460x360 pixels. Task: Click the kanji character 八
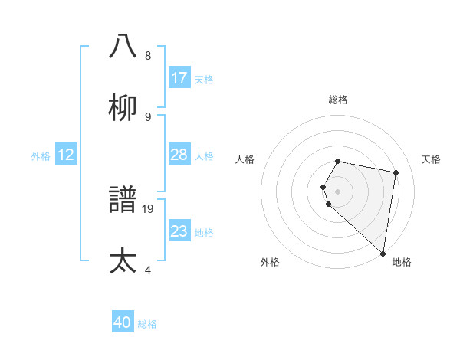[123, 46]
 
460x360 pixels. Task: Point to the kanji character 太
[123, 261]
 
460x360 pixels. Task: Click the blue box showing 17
[179, 78]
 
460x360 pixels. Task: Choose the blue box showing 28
[179, 155]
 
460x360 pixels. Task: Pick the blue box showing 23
[179, 231]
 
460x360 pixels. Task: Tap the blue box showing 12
[66, 155]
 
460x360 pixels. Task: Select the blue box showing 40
[123, 322]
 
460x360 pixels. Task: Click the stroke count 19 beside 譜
[149, 208]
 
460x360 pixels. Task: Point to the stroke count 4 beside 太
[146, 270]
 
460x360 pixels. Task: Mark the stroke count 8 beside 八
[147, 55]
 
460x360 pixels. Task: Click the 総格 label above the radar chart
[338, 100]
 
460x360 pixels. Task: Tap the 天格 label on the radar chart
[431, 159]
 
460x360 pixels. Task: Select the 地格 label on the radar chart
[402, 262]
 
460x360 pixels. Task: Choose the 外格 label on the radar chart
[270, 262]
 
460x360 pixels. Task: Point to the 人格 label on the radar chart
[245, 159]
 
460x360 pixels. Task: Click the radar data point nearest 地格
[383, 253]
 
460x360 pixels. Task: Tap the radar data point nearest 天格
[396, 173]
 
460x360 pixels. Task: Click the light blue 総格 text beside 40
[147, 324]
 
